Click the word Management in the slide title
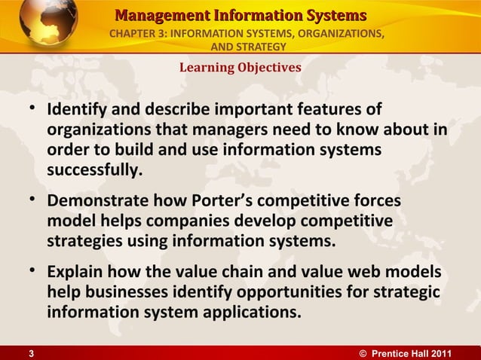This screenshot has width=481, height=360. tap(157, 15)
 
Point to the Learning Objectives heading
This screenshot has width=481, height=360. tap(240, 68)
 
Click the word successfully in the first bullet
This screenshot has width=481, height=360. tap(94, 170)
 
